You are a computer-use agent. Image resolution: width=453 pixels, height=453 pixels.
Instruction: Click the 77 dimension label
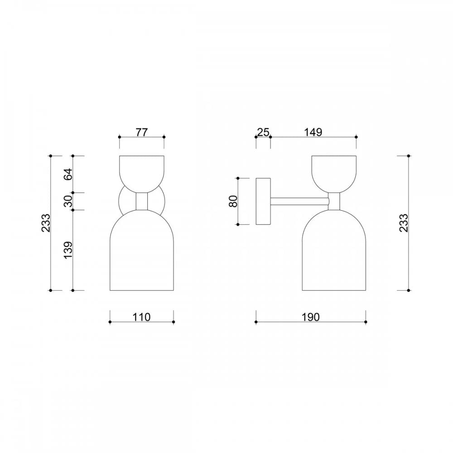[x=141, y=132]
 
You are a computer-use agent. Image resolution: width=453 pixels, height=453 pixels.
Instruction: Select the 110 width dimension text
[x=141, y=317]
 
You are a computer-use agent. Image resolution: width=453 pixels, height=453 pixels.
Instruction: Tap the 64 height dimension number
[x=68, y=174]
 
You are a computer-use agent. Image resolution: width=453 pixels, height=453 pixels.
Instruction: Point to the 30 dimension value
[x=68, y=201]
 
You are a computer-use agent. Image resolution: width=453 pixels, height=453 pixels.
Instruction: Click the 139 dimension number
[x=68, y=250]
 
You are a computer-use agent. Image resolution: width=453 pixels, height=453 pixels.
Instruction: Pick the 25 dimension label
[x=263, y=132]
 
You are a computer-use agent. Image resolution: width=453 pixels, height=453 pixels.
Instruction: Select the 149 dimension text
[x=313, y=132]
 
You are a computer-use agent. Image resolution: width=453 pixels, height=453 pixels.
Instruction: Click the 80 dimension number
[x=233, y=201]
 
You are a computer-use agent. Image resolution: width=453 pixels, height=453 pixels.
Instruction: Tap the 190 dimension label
[x=311, y=317]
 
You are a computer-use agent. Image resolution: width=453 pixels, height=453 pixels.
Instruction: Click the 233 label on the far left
[x=46, y=223]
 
